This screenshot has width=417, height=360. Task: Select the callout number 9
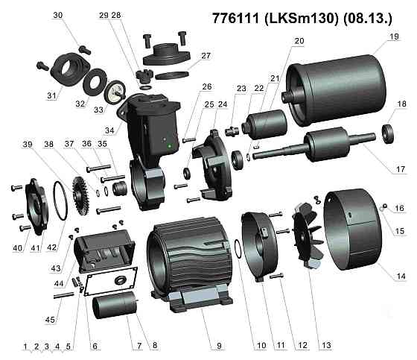pyautogui.click(x=219, y=346)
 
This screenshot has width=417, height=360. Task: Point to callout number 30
pyautogui.click(x=58, y=16)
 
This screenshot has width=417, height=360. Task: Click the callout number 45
pyautogui.click(x=50, y=320)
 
